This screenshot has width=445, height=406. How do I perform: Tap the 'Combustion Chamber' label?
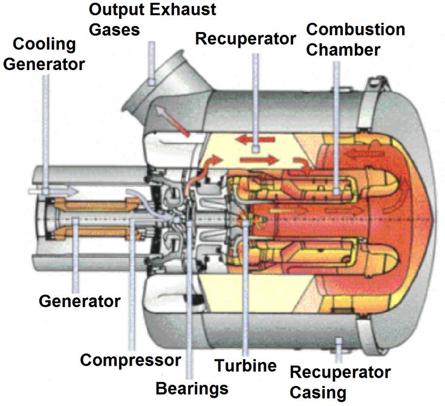(356, 39)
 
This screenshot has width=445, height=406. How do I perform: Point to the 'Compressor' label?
(131, 360)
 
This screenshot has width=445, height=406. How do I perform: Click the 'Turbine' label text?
(246, 365)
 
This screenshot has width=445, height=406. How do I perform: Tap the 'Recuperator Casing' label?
(340, 382)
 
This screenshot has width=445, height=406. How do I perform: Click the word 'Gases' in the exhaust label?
(114, 29)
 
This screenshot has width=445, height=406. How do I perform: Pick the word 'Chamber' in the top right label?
(343, 48)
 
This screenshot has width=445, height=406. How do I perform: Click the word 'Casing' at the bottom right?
(318, 392)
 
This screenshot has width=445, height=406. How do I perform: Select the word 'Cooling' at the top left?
(44, 45)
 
